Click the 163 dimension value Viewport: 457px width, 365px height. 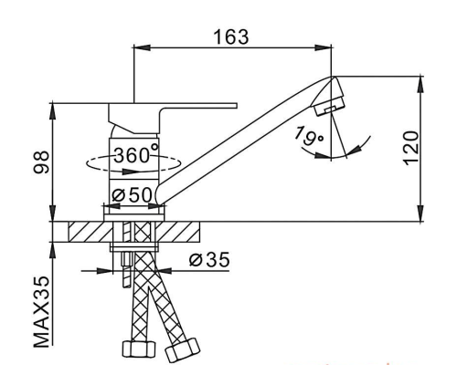(x=231, y=36)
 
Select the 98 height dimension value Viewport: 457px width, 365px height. (x=41, y=162)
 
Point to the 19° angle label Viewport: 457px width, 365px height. (x=308, y=136)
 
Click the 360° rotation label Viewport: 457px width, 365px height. (x=136, y=154)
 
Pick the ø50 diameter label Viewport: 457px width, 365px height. (x=132, y=194)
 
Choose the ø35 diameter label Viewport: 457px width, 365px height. (x=209, y=260)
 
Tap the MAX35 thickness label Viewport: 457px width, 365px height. (x=41, y=311)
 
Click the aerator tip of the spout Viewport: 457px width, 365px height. (x=330, y=98)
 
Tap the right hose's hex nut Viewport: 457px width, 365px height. (x=182, y=349)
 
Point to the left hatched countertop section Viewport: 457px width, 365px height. (x=90, y=232)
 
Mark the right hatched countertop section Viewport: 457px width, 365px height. (x=177, y=232)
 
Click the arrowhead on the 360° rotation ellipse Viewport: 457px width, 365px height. (x=130, y=172)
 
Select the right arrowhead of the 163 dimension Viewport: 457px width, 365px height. (x=323, y=47)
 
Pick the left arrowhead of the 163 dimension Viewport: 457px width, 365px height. (x=143, y=47)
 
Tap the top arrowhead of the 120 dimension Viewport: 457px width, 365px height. (x=420, y=84)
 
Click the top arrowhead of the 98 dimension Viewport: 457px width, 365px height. (x=53, y=111)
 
